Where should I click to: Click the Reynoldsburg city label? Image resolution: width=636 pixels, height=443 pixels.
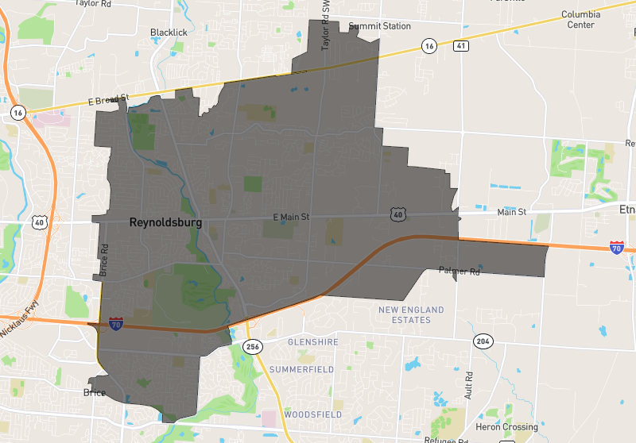point(165,224)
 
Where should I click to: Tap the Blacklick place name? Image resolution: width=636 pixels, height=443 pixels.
point(168,33)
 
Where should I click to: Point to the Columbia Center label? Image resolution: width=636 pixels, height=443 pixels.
point(580,19)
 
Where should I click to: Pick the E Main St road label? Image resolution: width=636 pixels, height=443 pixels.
point(290,217)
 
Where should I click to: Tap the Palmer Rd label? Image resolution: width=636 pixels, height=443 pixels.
point(460,272)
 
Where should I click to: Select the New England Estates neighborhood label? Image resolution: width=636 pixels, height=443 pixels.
point(405,314)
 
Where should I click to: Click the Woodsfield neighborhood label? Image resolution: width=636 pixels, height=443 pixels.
point(305,414)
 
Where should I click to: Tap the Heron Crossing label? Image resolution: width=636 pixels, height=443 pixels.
point(506,427)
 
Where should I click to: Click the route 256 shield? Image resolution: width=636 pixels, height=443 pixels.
point(253,346)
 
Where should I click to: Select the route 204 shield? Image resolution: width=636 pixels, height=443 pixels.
point(483,341)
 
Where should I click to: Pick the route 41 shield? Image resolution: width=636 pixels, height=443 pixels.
point(461,46)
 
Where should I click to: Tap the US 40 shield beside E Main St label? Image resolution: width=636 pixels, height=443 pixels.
point(397,214)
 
